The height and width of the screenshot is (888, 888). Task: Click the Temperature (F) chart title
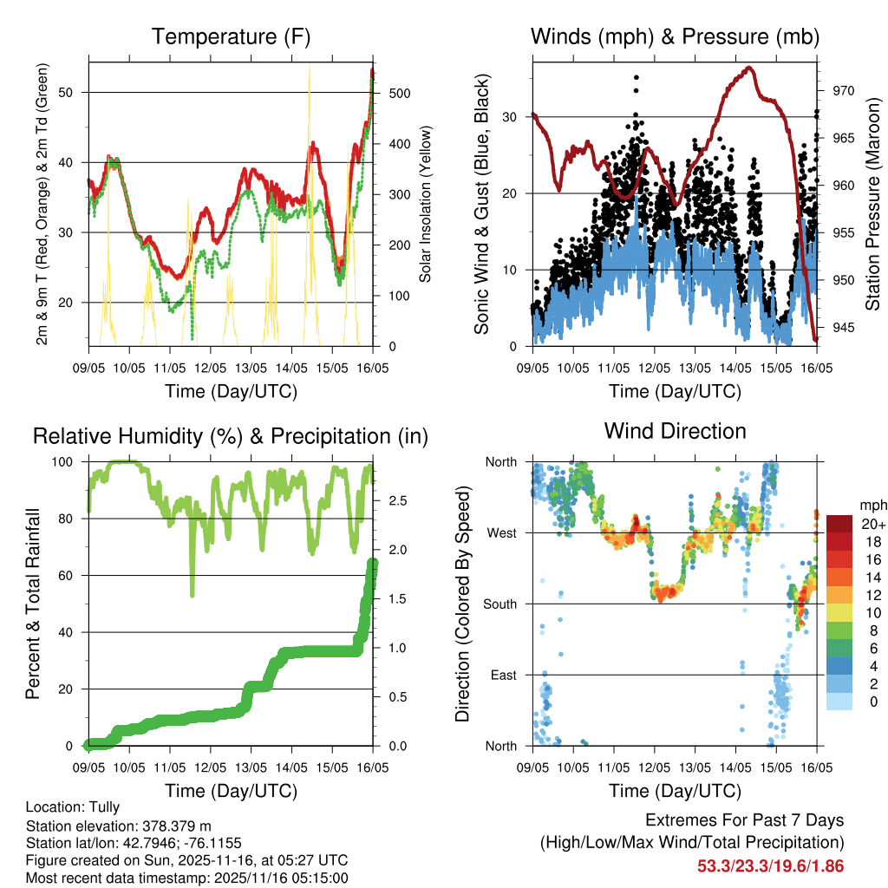(x=231, y=37)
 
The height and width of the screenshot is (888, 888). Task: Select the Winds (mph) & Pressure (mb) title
(x=675, y=37)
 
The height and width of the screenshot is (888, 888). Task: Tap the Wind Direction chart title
(x=675, y=431)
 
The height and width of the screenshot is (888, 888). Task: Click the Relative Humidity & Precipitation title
(x=231, y=436)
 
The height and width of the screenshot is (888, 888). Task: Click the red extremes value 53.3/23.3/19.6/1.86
(x=770, y=865)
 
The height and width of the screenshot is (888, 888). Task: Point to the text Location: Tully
(x=73, y=806)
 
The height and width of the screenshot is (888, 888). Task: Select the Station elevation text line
(x=119, y=826)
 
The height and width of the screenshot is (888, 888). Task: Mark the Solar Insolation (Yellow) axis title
(x=426, y=205)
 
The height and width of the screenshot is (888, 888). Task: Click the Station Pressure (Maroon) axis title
(x=872, y=205)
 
